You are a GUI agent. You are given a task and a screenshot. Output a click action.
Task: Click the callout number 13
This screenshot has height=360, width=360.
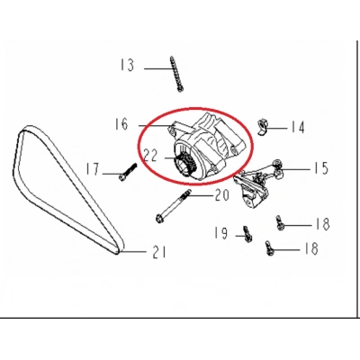tap(127, 65)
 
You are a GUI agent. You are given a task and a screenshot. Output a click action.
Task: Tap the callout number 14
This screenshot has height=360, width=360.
tap(298, 127)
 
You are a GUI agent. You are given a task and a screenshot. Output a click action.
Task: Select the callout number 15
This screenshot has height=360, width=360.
tap(321, 168)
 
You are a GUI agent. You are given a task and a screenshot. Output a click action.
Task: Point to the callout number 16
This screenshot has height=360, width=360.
tap(121, 124)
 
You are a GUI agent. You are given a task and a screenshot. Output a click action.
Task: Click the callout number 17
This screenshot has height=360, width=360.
tap(93, 169)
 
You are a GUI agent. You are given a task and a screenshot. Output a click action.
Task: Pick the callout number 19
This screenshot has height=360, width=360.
tap(221, 233)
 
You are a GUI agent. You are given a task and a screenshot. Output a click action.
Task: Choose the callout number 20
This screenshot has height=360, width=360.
tap(222, 195)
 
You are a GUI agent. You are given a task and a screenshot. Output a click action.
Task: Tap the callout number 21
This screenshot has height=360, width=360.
tap(159, 252)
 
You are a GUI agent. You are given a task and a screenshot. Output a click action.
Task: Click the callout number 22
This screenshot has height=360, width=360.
tap(151, 156)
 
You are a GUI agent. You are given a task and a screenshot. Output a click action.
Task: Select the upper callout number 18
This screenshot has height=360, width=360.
tap(322, 224)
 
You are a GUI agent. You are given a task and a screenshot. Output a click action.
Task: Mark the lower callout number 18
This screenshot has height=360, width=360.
tap(310, 248)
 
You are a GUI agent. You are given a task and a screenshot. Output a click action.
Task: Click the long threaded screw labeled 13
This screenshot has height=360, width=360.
tap(176, 74)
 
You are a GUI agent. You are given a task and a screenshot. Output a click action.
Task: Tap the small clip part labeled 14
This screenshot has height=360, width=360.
tap(263, 128)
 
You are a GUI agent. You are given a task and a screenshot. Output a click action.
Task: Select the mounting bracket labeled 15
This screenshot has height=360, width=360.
tap(256, 185)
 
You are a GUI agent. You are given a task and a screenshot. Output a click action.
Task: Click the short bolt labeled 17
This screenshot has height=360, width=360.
tap(128, 172)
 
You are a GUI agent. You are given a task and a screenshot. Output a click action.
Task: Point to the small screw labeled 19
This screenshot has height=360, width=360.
tap(247, 234)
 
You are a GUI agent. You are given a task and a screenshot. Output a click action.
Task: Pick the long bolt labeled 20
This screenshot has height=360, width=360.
tap(173, 207)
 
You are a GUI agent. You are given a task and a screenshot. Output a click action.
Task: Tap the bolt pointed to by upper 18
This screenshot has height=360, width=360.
tap(280, 223)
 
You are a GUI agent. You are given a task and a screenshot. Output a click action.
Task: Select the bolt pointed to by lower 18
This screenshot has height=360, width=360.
tap(269, 248)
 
